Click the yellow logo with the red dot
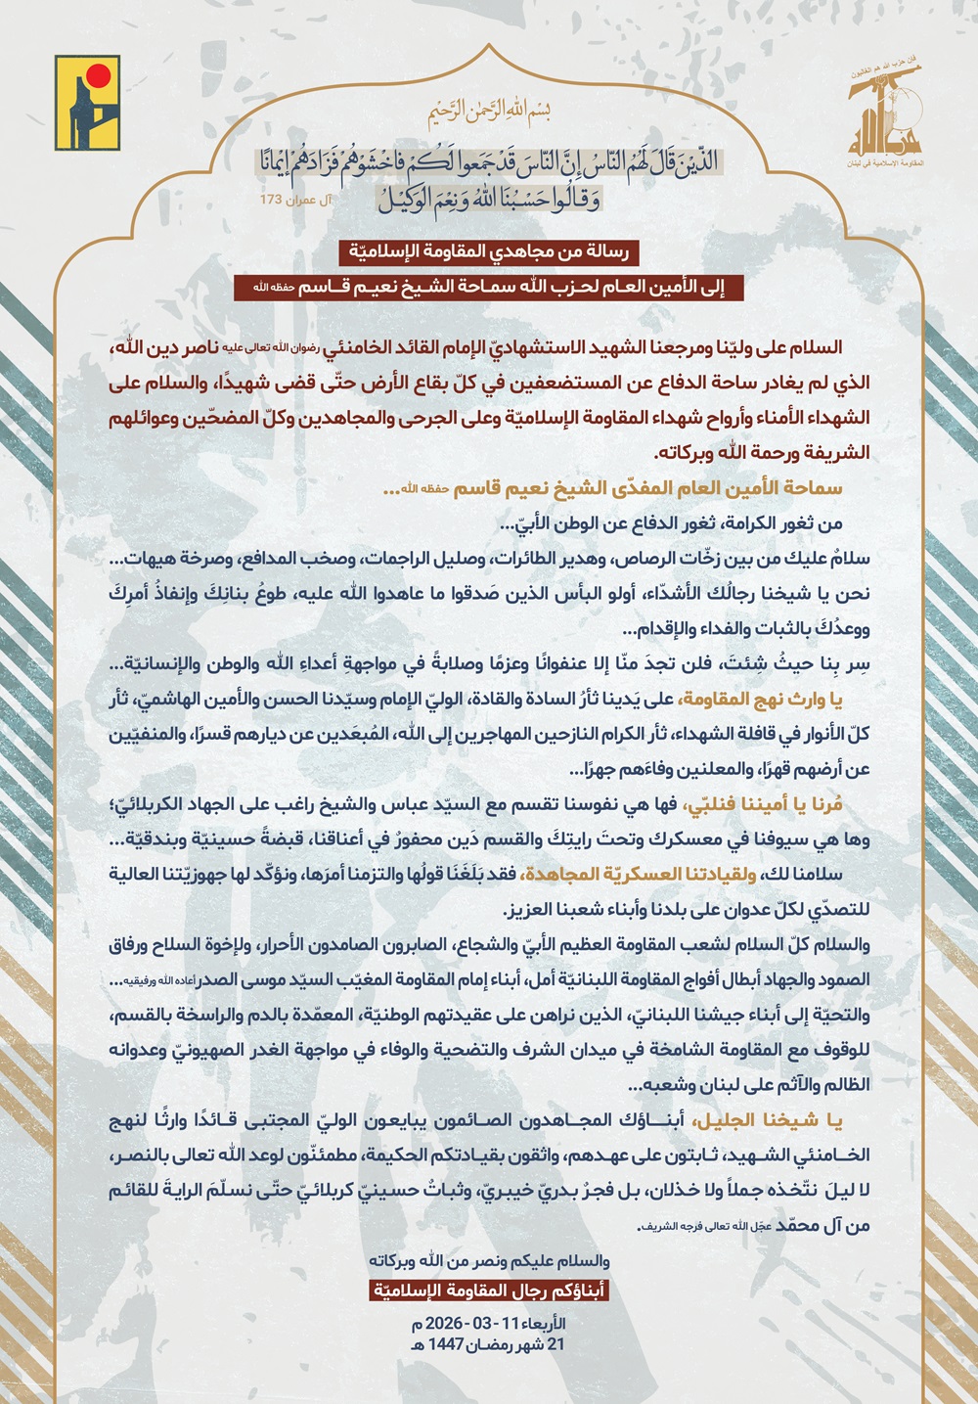click(87, 102)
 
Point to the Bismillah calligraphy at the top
click(489, 113)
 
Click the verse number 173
click(270, 200)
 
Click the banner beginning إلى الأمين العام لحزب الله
click(489, 287)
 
